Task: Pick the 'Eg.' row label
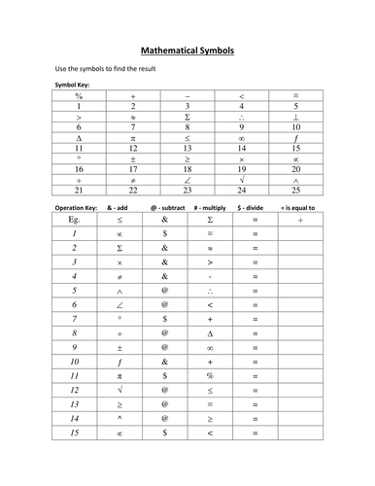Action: [x=73, y=221]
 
